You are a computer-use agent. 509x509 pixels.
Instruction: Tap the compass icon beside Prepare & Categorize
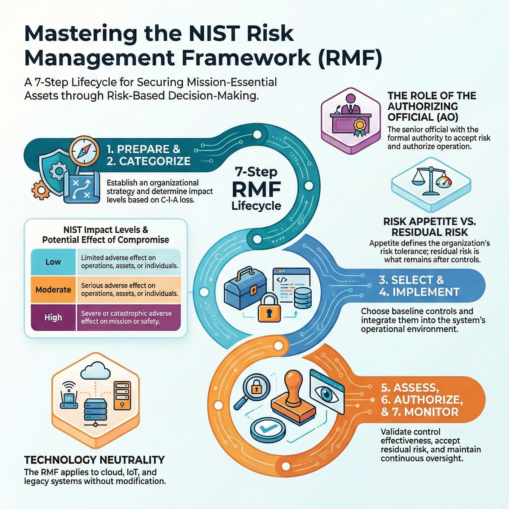(x=84, y=151)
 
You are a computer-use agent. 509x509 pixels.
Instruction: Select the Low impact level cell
(x=53, y=262)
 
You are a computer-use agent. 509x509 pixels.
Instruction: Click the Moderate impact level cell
(x=53, y=290)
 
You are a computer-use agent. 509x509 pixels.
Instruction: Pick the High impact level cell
(x=53, y=317)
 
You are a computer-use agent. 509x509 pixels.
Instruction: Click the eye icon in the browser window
(x=327, y=394)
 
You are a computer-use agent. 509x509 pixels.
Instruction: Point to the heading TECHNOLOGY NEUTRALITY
(x=94, y=460)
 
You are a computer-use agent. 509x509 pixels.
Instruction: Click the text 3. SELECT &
(x=411, y=280)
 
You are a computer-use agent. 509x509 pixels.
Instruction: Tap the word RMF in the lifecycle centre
(x=256, y=189)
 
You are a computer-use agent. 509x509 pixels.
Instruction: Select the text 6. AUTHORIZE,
(x=422, y=400)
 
